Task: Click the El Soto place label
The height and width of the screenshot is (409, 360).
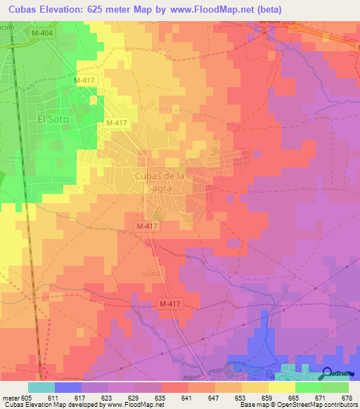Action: [53, 119]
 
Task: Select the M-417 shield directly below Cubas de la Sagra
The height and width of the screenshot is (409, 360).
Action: [147, 226]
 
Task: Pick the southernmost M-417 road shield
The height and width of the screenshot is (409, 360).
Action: [169, 304]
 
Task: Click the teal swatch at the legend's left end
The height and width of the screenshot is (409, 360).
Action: [41, 387]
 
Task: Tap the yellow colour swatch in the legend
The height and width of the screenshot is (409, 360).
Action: [282, 387]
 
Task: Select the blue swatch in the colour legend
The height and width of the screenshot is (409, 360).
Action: [67, 387]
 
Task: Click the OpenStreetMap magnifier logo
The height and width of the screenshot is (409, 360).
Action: [328, 374]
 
